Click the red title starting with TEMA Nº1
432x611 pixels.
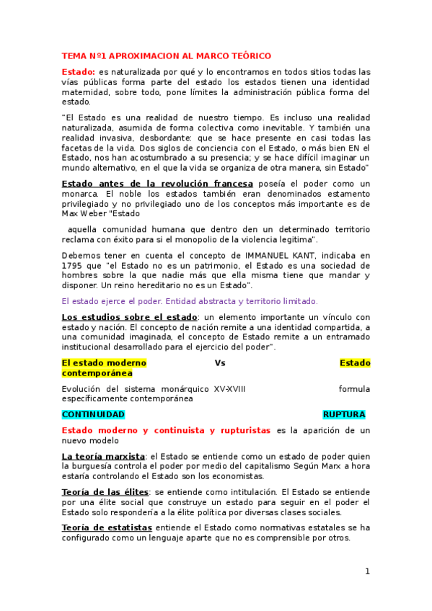point(166,55)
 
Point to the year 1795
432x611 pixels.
point(74,265)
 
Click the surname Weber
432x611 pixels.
point(92,213)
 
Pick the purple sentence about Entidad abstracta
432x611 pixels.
point(189,301)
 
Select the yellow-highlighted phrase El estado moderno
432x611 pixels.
point(104,363)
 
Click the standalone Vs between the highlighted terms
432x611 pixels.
point(220,363)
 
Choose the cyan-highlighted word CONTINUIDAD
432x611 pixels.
point(93,414)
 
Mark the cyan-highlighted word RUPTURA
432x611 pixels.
point(343,414)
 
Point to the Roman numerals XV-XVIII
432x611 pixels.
point(229,389)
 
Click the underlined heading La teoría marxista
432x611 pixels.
point(103,456)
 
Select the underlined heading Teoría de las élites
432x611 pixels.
point(105,491)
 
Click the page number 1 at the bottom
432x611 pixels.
point(367,571)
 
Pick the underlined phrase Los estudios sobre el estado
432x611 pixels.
point(129,317)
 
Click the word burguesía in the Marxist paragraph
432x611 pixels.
point(90,466)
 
